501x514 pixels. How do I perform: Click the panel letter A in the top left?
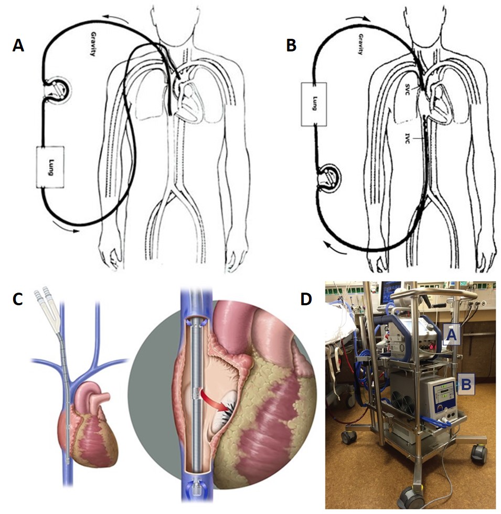tap(18, 46)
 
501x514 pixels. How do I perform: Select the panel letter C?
tap(18, 298)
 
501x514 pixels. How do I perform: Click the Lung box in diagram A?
tap(50, 167)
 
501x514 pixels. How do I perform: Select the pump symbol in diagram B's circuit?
tap(329, 178)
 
